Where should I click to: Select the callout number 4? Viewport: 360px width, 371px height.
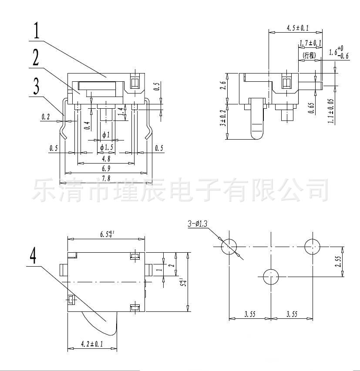pyautogui.click(x=33, y=255)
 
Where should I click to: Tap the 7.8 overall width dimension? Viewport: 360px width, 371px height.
pyautogui.click(x=106, y=179)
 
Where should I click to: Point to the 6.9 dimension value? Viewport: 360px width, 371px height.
pyautogui.click(x=106, y=168)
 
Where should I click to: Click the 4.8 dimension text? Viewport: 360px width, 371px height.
pyautogui.click(x=106, y=159)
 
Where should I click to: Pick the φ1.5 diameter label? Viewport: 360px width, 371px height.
pyautogui.click(x=106, y=147)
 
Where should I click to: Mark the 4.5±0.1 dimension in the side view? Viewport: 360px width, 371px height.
pyautogui.click(x=297, y=28)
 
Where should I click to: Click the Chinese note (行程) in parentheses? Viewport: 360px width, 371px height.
pyautogui.click(x=309, y=55)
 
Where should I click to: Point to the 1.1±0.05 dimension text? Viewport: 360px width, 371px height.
pyautogui.click(x=331, y=111)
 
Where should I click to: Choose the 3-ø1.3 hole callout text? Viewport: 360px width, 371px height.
pyautogui.click(x=198, y=224)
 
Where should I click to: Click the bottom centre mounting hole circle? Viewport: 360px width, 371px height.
pyautogui.click(x=271, y=276)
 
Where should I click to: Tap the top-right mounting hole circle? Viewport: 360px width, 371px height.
pyautogui.click(x=313, y=247)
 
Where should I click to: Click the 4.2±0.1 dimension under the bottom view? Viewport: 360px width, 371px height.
pyautogui.click(x=92, y=344)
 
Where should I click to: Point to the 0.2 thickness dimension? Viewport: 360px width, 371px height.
pyautogui.click(x=46, y=117)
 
